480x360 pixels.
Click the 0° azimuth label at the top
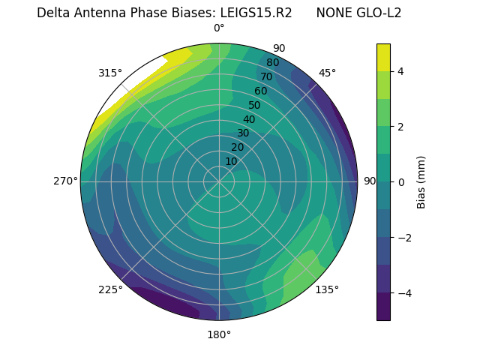219,28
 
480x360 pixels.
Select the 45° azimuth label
328,73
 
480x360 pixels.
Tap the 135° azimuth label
327,289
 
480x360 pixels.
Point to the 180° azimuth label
219,334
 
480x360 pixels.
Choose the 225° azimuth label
110,289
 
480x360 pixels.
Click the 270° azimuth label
65,181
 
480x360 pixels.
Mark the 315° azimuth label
110,73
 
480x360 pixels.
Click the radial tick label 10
231,161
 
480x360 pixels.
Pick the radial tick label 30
243,133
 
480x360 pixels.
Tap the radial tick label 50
254,106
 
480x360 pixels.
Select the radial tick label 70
266,77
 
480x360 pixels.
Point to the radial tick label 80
272,63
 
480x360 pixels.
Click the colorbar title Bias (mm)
421,181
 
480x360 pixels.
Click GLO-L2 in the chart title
379,13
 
